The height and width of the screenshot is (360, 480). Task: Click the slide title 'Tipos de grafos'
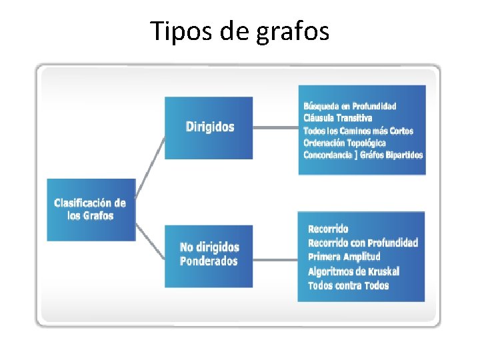pos(239,31)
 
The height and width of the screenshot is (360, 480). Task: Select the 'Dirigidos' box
pos(209,127)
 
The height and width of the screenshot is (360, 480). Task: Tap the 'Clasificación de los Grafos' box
pos(90,209)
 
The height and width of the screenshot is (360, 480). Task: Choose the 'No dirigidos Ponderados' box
pos(209,255)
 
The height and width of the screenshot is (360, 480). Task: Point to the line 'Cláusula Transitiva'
pos(337,118)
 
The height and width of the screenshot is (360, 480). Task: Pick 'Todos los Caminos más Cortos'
pos(358,131)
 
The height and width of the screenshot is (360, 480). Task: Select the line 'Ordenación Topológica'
pos(344,143)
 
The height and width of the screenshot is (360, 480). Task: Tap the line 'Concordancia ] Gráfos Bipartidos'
pos(363,155)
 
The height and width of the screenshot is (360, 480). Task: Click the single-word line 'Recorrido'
pos(328,229)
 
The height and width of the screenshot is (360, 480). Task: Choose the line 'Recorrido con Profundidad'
pos(363,243)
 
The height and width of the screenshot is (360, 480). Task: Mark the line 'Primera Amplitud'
pos(344,257)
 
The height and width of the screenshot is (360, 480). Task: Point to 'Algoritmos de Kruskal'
pos(353,271)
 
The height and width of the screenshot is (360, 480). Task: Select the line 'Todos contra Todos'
pos(348,285)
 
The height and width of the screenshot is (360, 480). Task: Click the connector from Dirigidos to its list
pos(275,127)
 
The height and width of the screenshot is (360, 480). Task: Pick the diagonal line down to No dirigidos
pos(150,241)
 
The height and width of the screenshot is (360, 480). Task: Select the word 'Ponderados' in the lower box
pos(209,261)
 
